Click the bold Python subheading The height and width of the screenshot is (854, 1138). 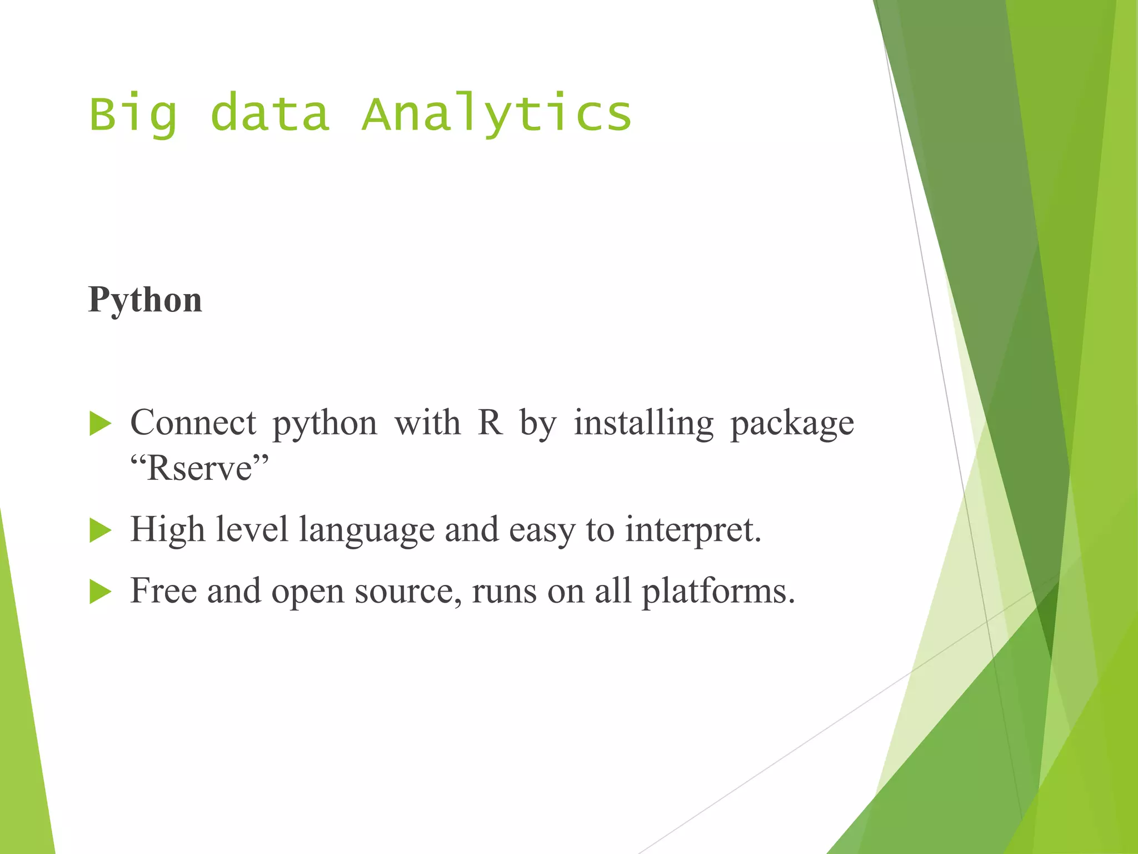click(145, 300)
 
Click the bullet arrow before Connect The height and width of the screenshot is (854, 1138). click(101, 424)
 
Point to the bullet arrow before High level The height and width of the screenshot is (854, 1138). click(101, 530)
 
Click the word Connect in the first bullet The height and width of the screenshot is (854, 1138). click(193, 423)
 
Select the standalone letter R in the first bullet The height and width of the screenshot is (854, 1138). click(490, 423)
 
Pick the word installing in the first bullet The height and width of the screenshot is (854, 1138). click(643, 423)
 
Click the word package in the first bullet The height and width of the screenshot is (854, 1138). click(792, 424)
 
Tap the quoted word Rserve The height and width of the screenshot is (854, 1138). click(199, 468)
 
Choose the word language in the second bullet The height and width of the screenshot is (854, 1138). click(367, 530)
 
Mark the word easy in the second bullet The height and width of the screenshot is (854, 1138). click(542, 530)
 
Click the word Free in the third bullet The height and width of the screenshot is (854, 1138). click(163, 590)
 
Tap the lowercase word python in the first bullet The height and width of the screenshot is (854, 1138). click(325, 424)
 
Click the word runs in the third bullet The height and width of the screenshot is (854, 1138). click(504, 592)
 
